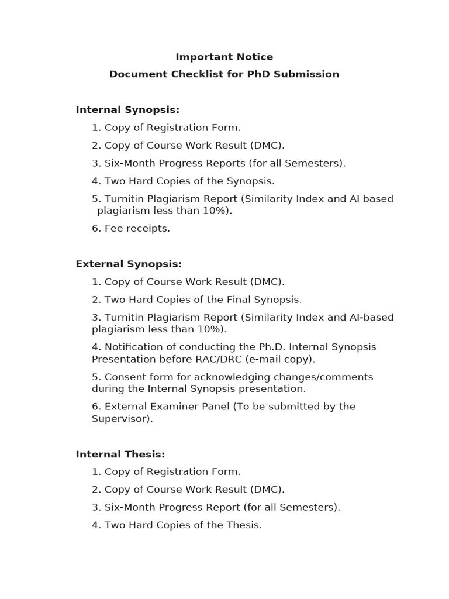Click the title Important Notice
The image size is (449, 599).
[x=224, y=57]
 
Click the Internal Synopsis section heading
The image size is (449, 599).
[x=127, y=110]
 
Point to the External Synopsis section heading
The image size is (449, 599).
[x=129, y=264]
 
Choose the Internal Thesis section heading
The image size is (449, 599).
[x=120, y=455]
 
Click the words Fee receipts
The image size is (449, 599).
[x=137, y=229]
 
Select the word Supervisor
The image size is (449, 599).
[x=120, y=419]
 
